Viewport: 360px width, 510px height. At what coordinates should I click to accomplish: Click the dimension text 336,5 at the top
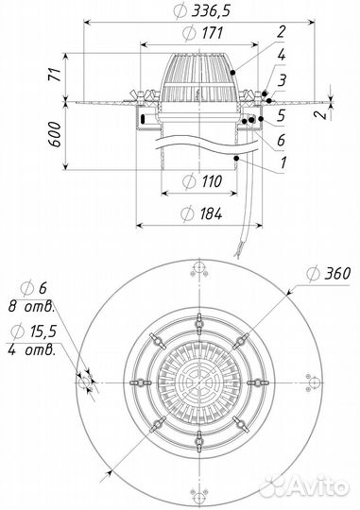pyautogui.click(x=211, y=11)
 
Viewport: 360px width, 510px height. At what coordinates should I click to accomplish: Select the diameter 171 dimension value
pyautogui.click(x=212, y=33)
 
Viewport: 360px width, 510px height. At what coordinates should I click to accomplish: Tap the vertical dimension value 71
pyautogui.click(x=56, y=75)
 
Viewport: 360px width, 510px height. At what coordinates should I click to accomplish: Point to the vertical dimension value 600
pyautogui.click(x=55, y=134)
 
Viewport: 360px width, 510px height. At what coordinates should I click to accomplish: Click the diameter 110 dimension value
pyautogui.click(x=212, y=181)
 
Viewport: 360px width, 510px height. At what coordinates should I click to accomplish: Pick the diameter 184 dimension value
pyautogui.click(x=211, y=213)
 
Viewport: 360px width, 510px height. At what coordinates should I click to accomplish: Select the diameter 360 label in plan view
pyautogui.click(x=337, y=274)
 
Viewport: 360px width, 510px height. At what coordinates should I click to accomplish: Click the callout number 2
pyautogui.click(x=282, y=31)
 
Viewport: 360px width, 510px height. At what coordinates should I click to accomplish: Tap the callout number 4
pyautogui.click(x=282, y=55)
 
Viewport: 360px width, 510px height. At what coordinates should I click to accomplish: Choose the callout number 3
pyautogui.click(x=282, y=79)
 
